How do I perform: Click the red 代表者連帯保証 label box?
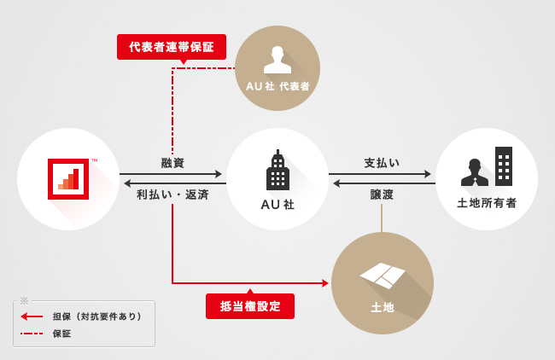pyautogui.click(x=172, y=47)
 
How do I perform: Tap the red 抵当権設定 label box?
pyautogui.click(x=250, y=306)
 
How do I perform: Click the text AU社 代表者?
pyautogui.click(x=277, y=86)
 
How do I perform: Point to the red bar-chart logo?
pyautogui.click(x=68, y=178)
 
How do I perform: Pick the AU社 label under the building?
pyautogui.click(x=277, y=205)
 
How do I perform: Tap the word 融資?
pyautogui.click(x=172, y=163)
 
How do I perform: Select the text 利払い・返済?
pyautogui.click(x=172, y=195)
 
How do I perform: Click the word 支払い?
pyautogui.click(x=382, y=163)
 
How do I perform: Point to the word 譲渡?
pyautogui.click(x=382, y=195)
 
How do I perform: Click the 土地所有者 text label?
pyautogui.click(x=487, y=203)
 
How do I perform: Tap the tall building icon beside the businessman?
pyautogui.click(x=504, y=166)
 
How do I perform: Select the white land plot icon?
pyautogui.click(x=383, y=275)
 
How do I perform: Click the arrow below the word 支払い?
pyautogui.click(x=382, y=174)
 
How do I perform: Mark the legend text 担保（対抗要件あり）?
pyautogui.click(x=96, y=316)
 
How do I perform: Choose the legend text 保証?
pyautogui.click(x=61, y=334)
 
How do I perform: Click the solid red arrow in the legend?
pyautogui.click(x=32, y=316)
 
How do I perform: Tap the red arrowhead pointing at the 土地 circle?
pyautogui.click(x=325, y=283)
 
